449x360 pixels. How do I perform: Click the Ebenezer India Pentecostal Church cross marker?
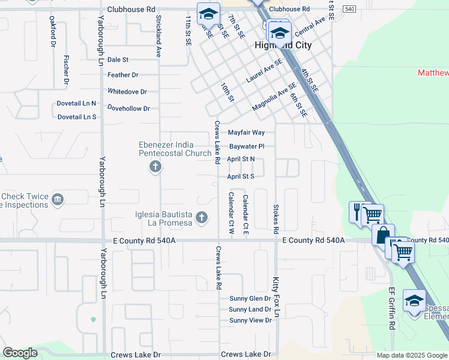(x=155, y=167)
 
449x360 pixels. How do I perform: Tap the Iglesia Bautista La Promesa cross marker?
(x=203, y=217)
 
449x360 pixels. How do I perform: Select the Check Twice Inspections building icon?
(x=58, y=200)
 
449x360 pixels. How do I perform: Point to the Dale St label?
(x=118, y=60)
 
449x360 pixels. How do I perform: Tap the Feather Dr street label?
(x=122, y=75)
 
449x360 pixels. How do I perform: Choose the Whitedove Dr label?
(x=127, y=92)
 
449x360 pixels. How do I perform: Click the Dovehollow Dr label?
(x=128, y=109)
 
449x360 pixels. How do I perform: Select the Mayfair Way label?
(x=246, y=133)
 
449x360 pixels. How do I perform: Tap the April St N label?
(x=241, y=159)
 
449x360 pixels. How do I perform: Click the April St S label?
(x=241, y=176)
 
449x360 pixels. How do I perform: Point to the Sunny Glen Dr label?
(x=250, y=299)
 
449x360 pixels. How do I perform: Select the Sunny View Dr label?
(x=250, y=320)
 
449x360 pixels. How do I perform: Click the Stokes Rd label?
(x=276, y=219)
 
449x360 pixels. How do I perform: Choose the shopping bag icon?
(x=382, y=235)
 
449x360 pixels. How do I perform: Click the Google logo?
(x=20, y=353)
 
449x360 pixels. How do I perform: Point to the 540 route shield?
(x=351, y=9)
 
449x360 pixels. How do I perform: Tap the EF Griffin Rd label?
(x=392, y=308)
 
